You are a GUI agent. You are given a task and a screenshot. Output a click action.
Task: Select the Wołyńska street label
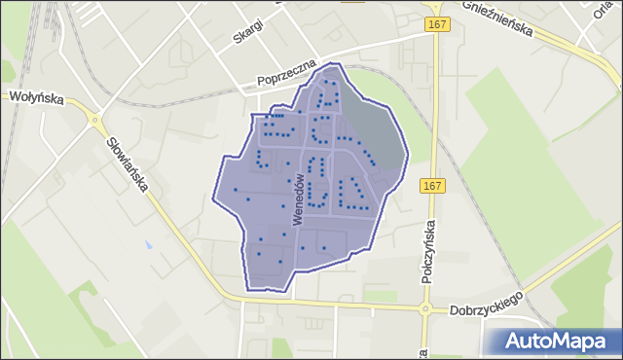(x=35, y=96)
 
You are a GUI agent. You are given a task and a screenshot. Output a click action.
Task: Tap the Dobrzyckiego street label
(x=487, y=303)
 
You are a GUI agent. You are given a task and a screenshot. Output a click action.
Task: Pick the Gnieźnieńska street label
(x=497, y=18)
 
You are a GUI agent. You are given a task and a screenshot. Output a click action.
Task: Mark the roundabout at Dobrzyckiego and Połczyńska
(x=424, y=310)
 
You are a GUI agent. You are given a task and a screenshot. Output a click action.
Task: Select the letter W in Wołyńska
(x=14, y=96)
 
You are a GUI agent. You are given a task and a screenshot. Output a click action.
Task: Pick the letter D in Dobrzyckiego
(x=456, y=311)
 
